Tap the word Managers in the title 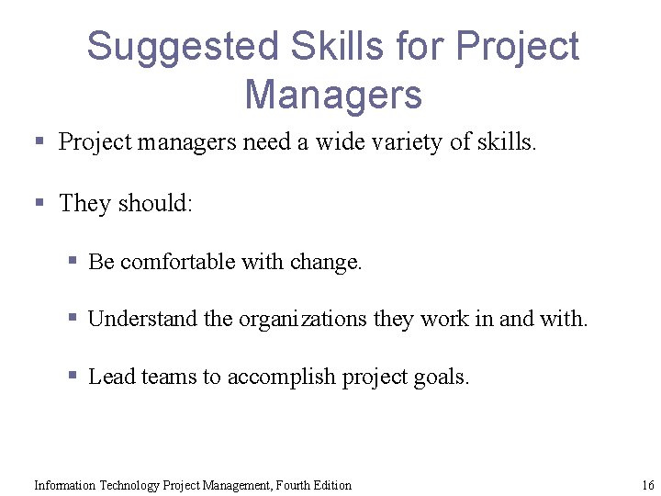point(333,94)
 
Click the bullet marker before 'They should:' point(39,201)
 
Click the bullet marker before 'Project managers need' point(39,141)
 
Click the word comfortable point(177,262)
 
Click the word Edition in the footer point(330,485)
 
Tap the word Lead point(111,377)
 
